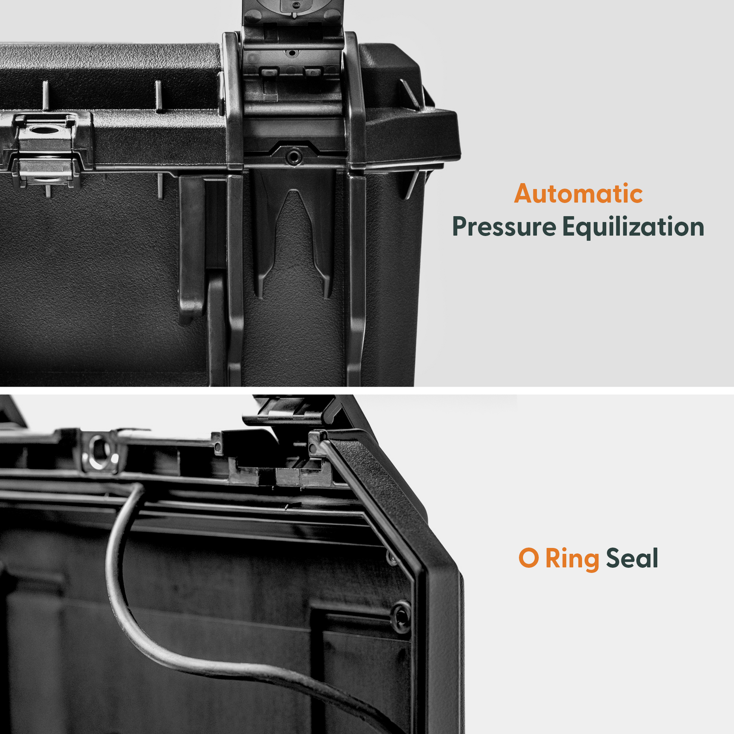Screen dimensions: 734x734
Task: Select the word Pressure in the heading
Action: pos(504,227)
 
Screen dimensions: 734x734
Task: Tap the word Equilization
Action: pos(633,227)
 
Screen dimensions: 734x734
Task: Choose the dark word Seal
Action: pos(632,558)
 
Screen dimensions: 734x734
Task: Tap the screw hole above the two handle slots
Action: pos(291,53)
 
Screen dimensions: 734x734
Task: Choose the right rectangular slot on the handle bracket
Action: pos(313,73)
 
